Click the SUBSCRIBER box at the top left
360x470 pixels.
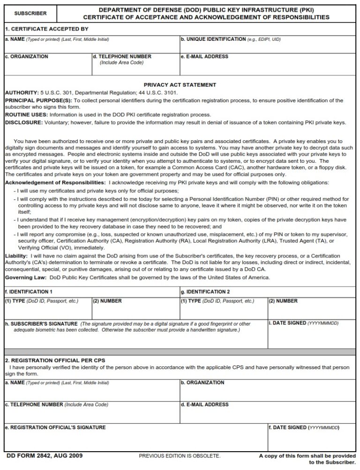pyautogui.click(x=30, y=14)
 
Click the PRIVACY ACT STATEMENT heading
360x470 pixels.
pyautogui.click(x=180, y=85)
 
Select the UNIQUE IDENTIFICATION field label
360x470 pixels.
pyautogui.click(x=214, y=39)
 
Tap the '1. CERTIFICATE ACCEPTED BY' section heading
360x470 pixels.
pyautogui.click(x=46, y=29)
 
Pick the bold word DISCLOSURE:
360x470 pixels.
pyautogui.click(x=24, y=122)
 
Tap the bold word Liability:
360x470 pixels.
pyautogui.click(x=16, y=256)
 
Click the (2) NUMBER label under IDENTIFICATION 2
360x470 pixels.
pyautogui.click(x=283, y=301)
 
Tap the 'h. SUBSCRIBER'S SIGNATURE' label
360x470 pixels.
pyautogui.click(x=41, y=324)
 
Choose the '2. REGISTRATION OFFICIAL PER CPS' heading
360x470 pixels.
pyautogui.click(x=55, y=360)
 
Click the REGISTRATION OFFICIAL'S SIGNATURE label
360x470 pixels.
pyautogui.click(x=55, y=427)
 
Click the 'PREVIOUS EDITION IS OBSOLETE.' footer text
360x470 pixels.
pyautogui.click(x=180, y=456)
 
